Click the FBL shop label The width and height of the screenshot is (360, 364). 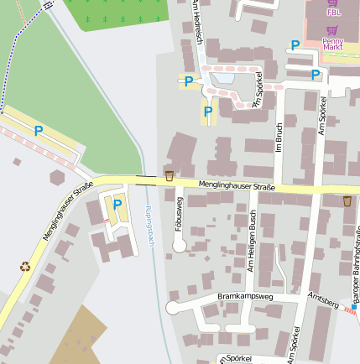click(x=334, y=13)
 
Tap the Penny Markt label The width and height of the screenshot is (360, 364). click(x=333, y=44)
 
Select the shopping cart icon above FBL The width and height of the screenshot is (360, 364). click(x=334, y=3)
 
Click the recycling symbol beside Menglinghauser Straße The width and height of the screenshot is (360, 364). click(x=24, y=267)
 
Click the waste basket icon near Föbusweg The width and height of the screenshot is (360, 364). click(x=170, y=176)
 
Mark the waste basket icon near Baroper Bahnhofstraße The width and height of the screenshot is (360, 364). click(x=347, y=201)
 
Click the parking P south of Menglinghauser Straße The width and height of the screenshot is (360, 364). click(x=117, y=204)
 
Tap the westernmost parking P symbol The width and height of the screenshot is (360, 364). click(x=38, y=130)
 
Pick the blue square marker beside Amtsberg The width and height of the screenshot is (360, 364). click(x=354, y=308)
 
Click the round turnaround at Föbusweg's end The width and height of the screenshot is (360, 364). click(x=179, y=245)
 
